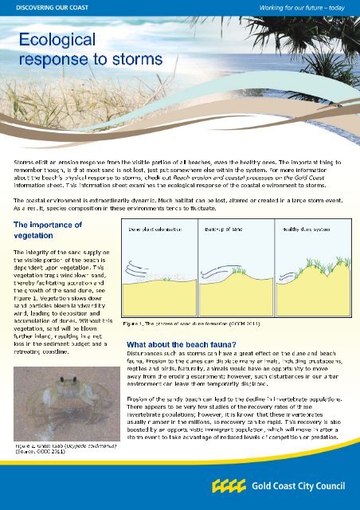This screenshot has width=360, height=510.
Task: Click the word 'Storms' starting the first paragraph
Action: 24,162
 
